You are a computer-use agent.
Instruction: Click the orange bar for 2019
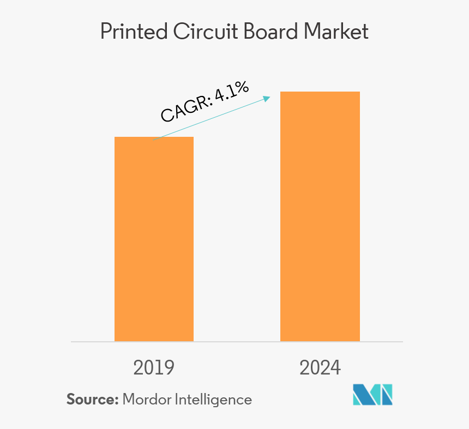(154, 240)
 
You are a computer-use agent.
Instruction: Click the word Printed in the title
(134, 32)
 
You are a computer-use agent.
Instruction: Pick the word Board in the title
(271, 32)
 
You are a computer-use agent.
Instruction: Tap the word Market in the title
(336, 32)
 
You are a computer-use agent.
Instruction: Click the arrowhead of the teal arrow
(267, 98)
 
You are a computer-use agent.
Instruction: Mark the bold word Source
(92, 400)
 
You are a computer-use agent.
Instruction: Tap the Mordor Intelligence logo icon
(372, 395)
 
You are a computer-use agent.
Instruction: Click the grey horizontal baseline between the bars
(237, 342)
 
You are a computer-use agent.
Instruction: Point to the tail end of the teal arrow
(154, 141)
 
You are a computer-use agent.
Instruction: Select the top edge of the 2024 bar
(320, 92)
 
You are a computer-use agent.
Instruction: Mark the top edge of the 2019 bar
(154, 137)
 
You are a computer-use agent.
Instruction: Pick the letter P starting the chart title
(106, 32)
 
